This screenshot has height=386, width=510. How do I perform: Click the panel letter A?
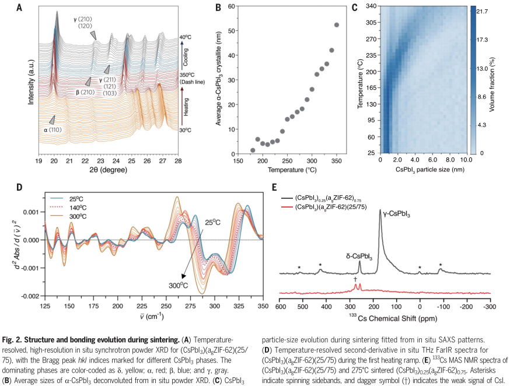click(20, 8)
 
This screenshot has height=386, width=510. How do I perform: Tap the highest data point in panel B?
click(337, 24)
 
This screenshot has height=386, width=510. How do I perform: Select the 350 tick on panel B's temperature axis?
click(337, 161)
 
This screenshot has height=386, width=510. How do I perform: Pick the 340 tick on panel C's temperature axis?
click(369, 6)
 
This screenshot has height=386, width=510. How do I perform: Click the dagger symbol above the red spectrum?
click(355, 279)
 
